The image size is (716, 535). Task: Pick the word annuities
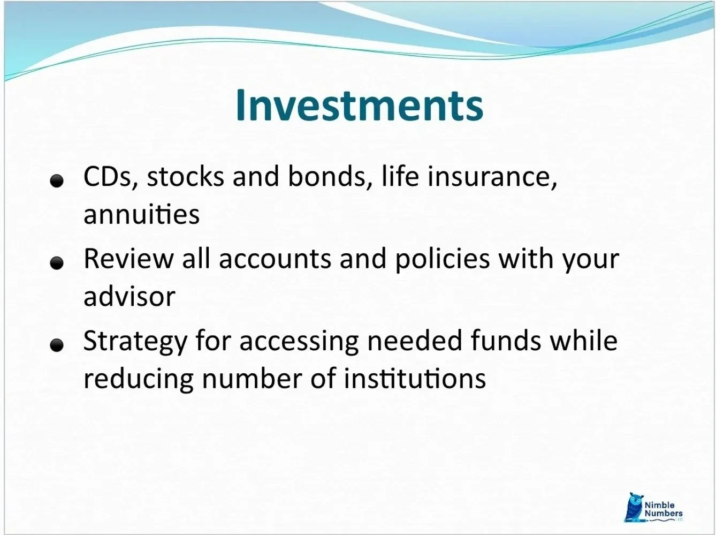pyautogui.click(x=141, y=214)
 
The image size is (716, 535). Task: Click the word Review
pyautogui.click(x=128, y=259)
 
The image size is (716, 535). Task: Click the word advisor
pyautogui.click(x=130, y=297)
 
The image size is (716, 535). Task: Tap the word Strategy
pyautogui.click(x=135, y=341)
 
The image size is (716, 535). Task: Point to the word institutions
pyautogui.click(x=414, y=379)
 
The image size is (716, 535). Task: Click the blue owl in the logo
pyautogui.click(x=635, y=507)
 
